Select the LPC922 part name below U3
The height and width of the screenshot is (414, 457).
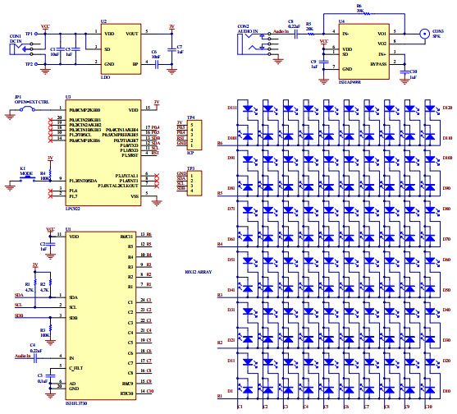78,209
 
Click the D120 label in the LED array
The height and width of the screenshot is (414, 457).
447,108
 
